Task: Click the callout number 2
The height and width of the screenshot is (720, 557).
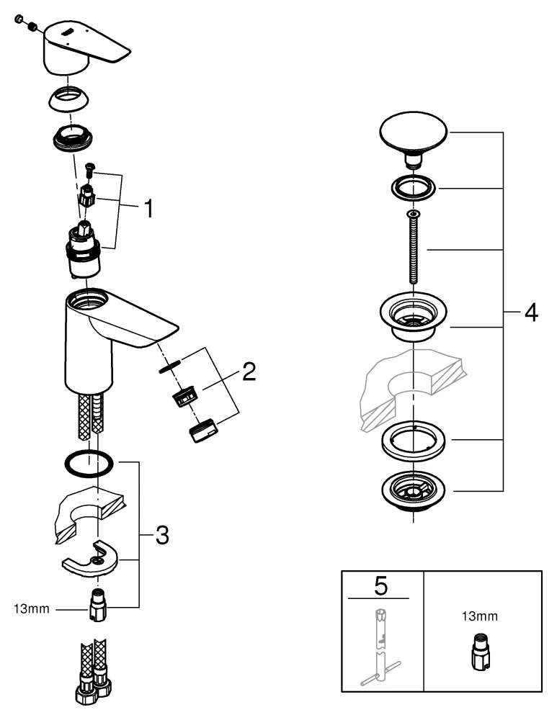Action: click(247, 372)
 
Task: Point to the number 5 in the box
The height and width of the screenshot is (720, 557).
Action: click(380, 586)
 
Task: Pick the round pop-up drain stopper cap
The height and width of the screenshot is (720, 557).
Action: click(414, 134)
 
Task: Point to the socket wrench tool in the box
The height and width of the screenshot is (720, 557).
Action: click(380, 641)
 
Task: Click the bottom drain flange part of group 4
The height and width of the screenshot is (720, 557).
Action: click(414, 491)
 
